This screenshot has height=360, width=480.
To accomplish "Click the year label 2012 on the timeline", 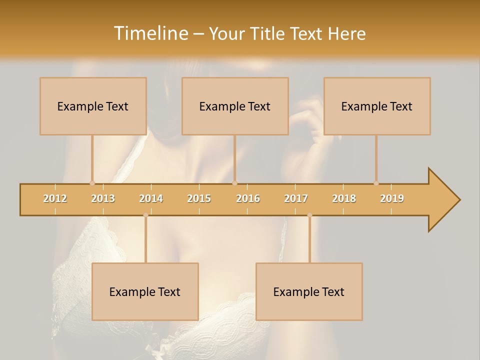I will (55, 198).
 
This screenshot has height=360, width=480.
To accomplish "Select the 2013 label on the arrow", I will (103, 198).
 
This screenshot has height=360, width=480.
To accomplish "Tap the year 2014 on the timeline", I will (151, 198).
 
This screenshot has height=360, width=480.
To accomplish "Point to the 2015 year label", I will (199, 198).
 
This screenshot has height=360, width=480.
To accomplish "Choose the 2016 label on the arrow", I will (248, 198).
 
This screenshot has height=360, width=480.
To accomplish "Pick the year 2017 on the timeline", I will (296, 198).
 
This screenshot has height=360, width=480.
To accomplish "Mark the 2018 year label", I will (344, 198).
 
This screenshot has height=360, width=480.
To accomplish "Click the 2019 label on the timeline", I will (392, 198).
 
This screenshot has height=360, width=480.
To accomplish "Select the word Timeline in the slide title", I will (150, 33).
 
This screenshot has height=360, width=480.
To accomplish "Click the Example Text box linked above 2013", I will (93, 106).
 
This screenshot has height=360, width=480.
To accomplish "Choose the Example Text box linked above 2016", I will (235, 106).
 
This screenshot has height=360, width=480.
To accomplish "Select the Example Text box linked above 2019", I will (377, 106).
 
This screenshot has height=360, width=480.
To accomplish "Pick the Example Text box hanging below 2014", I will (145, 291).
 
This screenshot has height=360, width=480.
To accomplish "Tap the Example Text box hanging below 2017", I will (309, 291).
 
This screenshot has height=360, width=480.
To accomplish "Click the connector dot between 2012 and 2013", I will (92, 183).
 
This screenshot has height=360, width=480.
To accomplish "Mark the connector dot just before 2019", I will (376, 183).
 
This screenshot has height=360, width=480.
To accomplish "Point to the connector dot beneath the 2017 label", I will (309, 215).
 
